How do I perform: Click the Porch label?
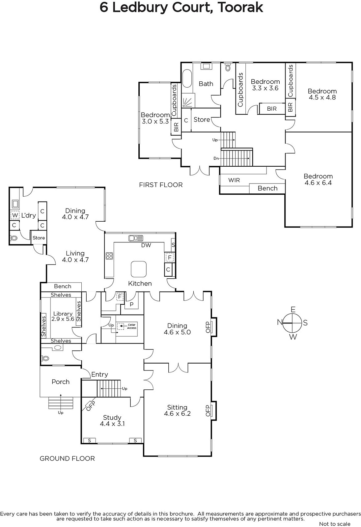click(x=61, y=382)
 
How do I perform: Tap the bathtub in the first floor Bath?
click(x=187, y=78)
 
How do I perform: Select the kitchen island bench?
click(x=139, y=269)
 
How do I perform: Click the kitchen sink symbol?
click(x=136, y=238)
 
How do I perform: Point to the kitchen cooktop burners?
click(x=109, y=256)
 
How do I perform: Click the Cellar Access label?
click(x=131, y=326)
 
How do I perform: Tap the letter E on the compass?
click(x=293, y=309)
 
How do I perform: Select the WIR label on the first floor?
click(x=234, y=180)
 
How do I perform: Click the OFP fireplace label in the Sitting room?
click(x=208, y=410)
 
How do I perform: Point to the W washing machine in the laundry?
click(x=15, y=215)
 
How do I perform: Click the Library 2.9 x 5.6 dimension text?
click(x=63, y=319)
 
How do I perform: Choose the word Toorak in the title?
click(x=240, y=7)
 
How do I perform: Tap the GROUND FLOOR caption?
click(x=67, y=458)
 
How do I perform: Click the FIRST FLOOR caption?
click(x=161, y=185)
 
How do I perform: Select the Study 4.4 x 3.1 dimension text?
click(x=112, y=424)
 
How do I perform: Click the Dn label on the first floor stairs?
click(x=216, y=158)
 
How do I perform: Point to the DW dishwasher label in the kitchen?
click(x=146, y=245)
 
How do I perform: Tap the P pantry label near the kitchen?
click(x=131, y=304)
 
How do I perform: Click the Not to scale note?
click(x=335, y=524)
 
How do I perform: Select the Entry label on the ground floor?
click(x=99, y=374)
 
